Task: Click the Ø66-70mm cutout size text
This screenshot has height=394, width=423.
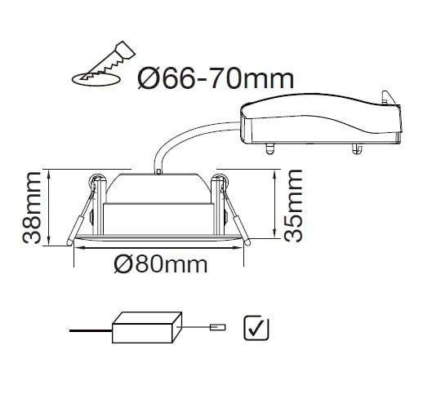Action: [216, 79]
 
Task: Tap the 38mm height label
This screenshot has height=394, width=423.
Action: [32, 207]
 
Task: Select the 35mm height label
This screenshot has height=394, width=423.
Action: [293, 206]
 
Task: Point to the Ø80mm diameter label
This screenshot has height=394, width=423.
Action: [161, 265]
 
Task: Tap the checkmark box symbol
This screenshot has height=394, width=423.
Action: [256, 328]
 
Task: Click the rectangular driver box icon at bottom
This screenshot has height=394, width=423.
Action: [147, 327]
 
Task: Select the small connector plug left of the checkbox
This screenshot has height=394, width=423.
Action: [218, 327]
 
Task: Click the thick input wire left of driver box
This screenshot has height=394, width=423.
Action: [91, 330]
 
